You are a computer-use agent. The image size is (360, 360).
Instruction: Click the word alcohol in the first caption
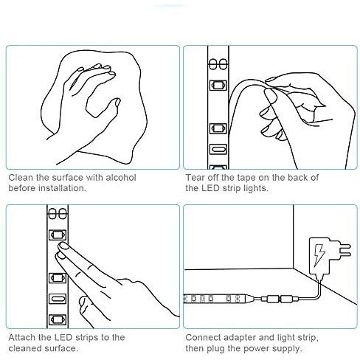pyautogui.click(x=121, y=177)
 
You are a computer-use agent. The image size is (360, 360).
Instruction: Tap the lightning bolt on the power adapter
pyautogui.click(x=319, y=256)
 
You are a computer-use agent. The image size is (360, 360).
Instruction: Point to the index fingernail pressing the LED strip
pyautogui.click(x=63, y=246)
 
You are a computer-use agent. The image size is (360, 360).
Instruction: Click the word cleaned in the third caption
pyautogui.click(x=25, y=348)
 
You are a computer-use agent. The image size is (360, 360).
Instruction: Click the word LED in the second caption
pyautogui.click(x=210, y=188)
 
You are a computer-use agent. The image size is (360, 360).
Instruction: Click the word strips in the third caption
pyautogui.click(x=88, y=338)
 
